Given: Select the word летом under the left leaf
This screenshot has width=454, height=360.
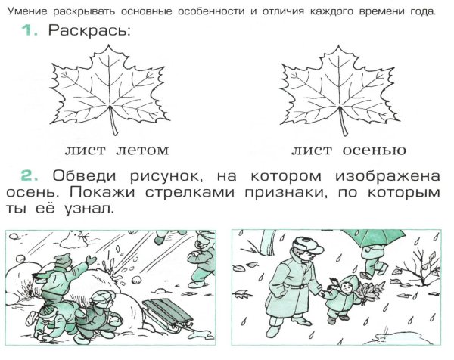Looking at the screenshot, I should [x=141, y=150].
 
